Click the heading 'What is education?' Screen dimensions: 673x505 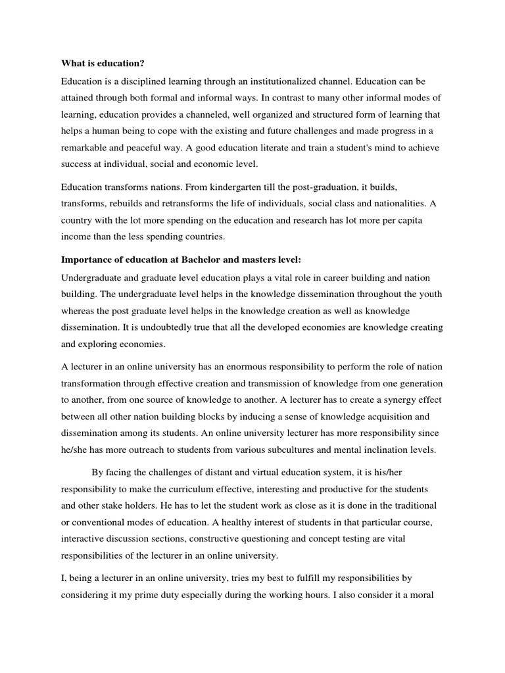click(x=103, y=64)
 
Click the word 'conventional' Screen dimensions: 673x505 click(x=101, y=522)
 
